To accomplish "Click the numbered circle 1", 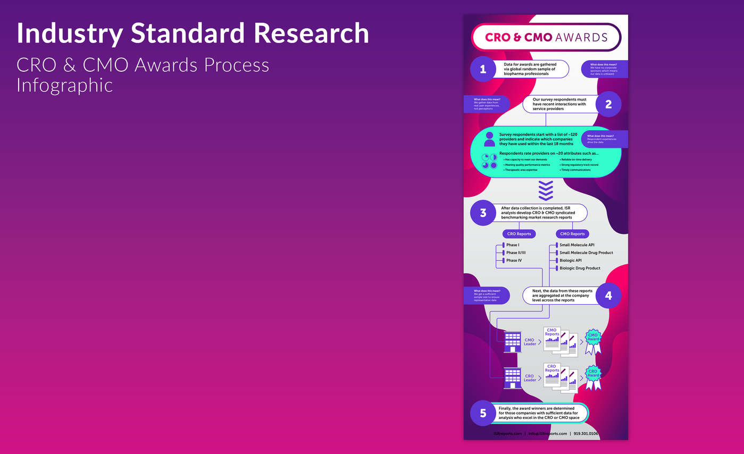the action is (483, 69).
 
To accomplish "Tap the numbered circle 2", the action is (608, 104).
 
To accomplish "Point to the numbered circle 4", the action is (608, 296).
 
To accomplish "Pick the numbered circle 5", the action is (483, 413).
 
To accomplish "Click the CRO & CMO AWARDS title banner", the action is (546, 37).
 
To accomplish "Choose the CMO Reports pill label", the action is (572, 234).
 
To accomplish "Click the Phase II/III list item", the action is (515, 253).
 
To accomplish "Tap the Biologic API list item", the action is (570, 260).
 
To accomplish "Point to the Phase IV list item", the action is (514, 260).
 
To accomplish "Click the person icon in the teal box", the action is (489, 139).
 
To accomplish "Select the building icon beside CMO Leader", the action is (513, 342).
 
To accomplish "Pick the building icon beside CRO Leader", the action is (513, 378).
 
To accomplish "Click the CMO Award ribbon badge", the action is (593, 341).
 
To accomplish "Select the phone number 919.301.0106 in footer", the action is (586, 434).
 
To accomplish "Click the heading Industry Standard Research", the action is (193, 33).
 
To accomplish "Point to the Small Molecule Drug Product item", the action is (586, 253).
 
